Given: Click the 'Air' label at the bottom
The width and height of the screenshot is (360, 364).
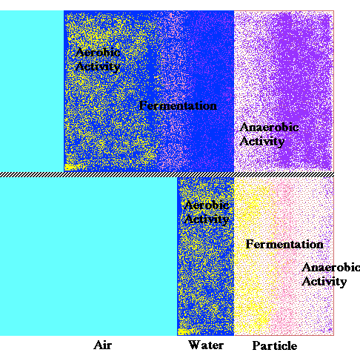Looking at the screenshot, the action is tap(102, 345).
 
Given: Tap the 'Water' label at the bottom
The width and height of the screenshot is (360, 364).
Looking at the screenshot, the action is tap(206, 345).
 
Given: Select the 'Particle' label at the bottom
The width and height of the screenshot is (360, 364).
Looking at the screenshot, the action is tap(275, 345).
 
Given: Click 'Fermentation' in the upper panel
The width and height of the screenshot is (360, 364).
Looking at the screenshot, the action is tap(178, 106).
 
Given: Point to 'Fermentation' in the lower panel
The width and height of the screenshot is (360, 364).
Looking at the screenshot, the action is tap(284, 244).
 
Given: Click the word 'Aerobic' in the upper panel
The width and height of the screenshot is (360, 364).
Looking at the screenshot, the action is tap(98, 53).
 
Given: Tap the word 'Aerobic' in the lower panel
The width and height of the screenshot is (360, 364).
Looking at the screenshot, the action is tap(207, 205).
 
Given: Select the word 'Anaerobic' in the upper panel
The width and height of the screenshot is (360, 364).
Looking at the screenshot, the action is tap(270, 128).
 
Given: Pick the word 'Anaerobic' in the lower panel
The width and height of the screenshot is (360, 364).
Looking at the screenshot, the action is tap(331, 268).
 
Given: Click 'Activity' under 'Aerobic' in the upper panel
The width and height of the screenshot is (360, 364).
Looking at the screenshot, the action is tap(98, 67).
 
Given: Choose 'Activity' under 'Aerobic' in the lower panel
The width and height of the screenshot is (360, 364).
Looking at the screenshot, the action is tap(207, 219).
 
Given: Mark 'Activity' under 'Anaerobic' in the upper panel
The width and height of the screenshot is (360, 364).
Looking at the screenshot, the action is tap(262, 142).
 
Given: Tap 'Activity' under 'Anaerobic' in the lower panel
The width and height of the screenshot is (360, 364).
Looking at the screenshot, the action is tap(324, 282).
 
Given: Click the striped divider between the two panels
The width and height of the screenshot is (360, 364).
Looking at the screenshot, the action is tap(167, 175).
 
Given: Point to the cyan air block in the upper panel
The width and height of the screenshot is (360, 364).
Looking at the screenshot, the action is tap(32, 91).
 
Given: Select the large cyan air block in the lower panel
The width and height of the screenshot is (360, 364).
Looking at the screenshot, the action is tap(88, 257).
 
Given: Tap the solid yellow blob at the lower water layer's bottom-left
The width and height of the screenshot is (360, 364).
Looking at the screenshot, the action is tap(184, 331).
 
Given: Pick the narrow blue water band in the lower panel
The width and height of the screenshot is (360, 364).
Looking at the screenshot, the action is tap(205, 257).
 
